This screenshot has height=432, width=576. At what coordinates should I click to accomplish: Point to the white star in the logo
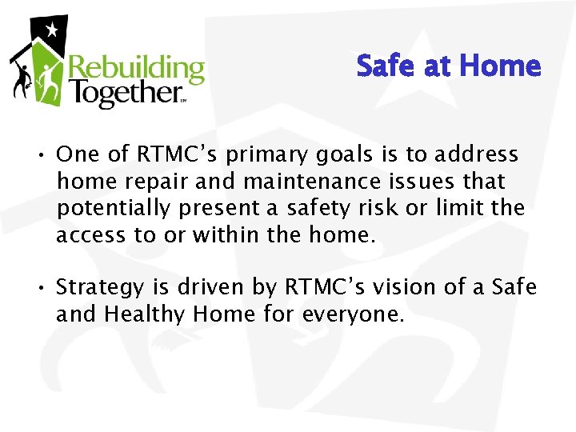tap(52, 31)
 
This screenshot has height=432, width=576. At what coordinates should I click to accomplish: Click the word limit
tap(463, 208)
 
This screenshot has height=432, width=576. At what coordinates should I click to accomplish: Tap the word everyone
tap(353, 314)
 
